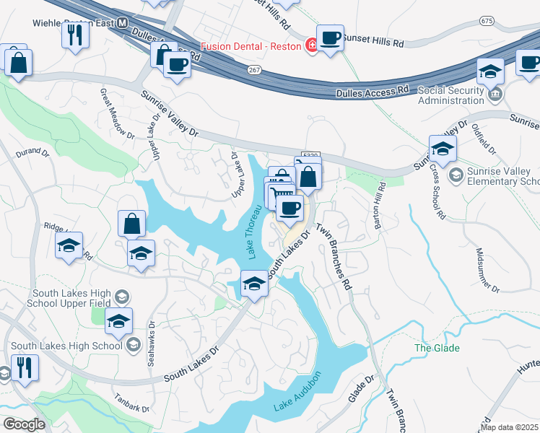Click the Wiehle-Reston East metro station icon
(x=123, y=23)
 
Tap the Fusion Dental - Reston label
(x=256, y=45)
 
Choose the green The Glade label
(x=437, y=349)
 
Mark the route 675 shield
(x=487, y=22)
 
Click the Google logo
(x=23, y=424)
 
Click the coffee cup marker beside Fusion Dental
(x=330, y=38)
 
